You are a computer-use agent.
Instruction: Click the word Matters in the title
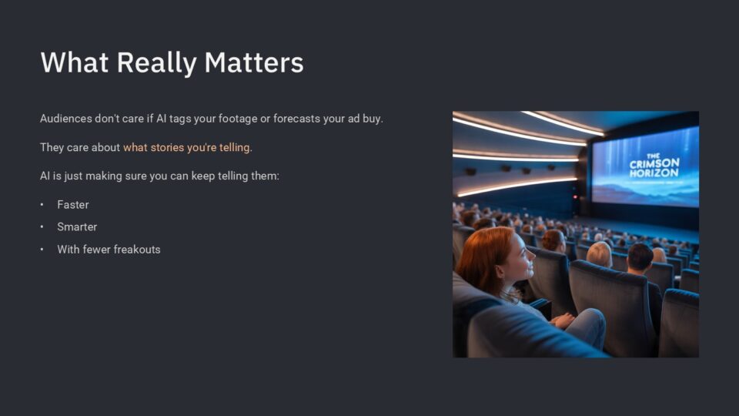coord(253,62)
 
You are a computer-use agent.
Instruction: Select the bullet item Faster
coord(73,205)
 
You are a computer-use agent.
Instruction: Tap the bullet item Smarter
coord(77,226)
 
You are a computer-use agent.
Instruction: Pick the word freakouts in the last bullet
coord(137,250)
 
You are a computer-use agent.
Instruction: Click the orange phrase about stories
coord(188,147)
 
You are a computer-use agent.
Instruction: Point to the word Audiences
coord(66,119)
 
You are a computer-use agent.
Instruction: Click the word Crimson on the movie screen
coord(654,163)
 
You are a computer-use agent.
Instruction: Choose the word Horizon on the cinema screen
coord(654,173)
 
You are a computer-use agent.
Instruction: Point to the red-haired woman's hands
coord(563,320)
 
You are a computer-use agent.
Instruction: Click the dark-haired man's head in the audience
coord(640,257)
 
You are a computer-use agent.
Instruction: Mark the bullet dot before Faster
coord(42,205)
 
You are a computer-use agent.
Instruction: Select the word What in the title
coord(75,62)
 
